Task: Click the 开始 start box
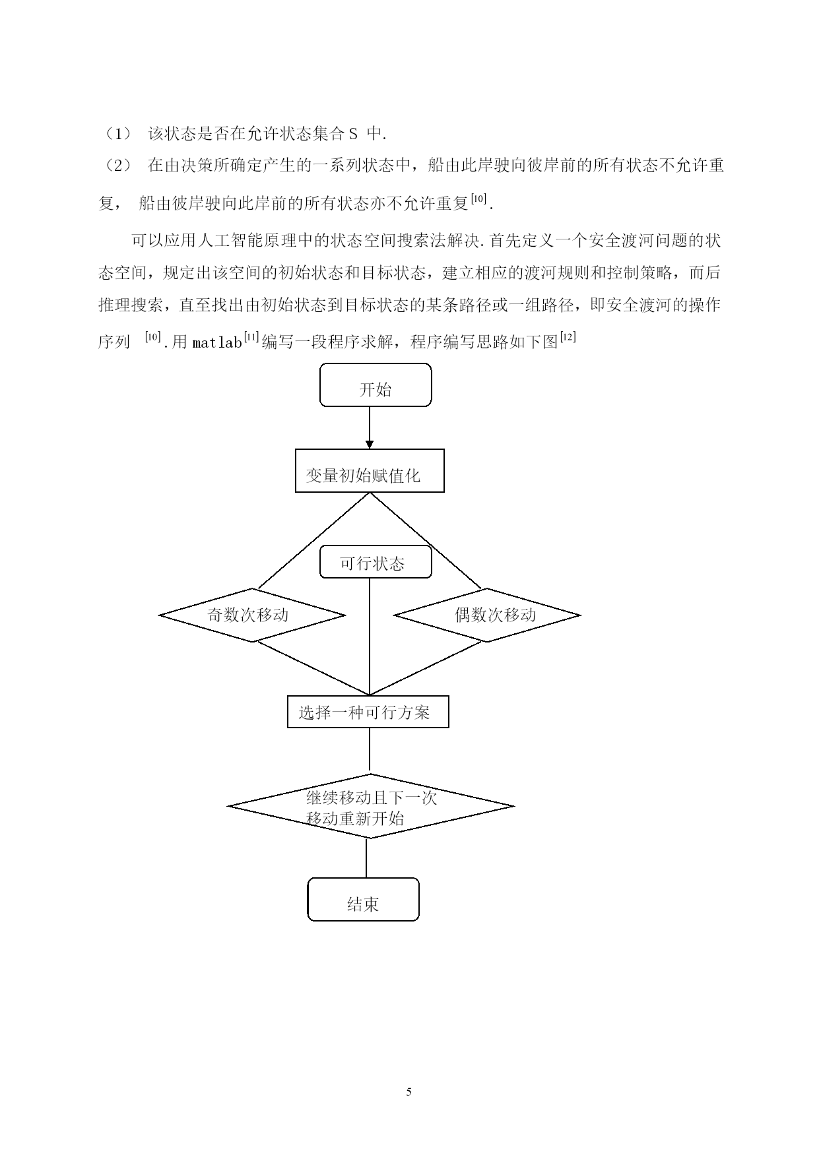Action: [376, 385]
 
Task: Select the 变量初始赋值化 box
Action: [370, 471]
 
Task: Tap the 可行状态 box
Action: [376, 562]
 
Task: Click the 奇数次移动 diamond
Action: [252, 615]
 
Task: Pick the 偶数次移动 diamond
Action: [487, 615]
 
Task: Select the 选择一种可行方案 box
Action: [368, 712]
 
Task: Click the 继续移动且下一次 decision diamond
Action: [370, 806]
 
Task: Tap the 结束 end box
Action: [364, 899]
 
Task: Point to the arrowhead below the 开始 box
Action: [370, 444]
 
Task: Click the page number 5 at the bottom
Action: [409, 1091]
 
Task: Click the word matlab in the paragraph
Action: [217, 343]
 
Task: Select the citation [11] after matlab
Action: [251, 338]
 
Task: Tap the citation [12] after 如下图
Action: [568, 338]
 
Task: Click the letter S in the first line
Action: [353, 135]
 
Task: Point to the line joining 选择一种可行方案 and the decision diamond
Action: [370, 751]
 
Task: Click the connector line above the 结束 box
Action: [366, 858]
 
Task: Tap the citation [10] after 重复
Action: [478, 198]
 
